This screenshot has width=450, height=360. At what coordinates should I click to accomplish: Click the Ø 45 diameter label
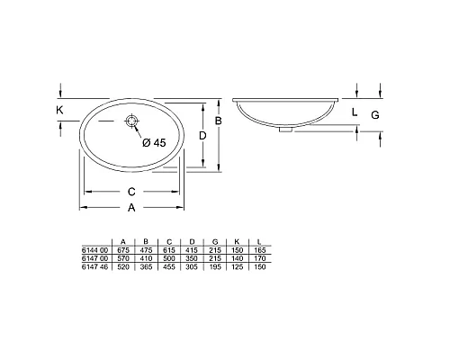pos(154,141)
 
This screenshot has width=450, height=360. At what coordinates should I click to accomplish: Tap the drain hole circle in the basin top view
pos(133,121)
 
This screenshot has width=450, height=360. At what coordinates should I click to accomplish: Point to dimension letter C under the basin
pos(131,191)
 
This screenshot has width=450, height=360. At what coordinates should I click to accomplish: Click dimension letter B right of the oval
pos(218,121)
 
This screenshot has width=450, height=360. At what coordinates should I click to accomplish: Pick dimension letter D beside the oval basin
pos(204,135)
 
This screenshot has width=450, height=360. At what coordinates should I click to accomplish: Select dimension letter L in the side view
pos(355,112)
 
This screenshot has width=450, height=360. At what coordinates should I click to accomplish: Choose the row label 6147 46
pos(94,267)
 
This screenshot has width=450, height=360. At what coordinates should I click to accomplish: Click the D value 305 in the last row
pos(192,267)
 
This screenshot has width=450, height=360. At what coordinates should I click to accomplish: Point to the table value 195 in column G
pos(215,267)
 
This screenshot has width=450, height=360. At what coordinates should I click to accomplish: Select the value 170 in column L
pos(261,257)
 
